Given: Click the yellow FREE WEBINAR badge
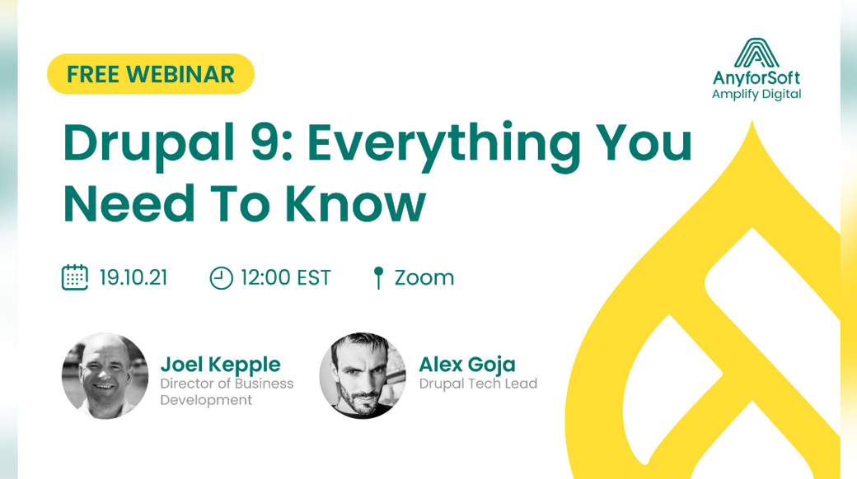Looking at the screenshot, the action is click(151, 74).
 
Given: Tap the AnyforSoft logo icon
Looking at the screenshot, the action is click(756, 53).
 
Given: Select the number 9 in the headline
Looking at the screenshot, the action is click(265, 142).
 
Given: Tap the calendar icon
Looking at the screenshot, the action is click(75, 277).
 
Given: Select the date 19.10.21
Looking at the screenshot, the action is click(133, 277).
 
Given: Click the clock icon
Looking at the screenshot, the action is click(222, 278).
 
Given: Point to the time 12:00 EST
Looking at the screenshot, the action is click(286, 277).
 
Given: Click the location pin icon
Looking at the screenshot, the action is click(378, 277).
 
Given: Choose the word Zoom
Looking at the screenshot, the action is click(424, 278).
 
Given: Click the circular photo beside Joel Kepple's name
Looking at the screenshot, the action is click(105, 376).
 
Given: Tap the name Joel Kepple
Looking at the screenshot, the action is click(220, 365).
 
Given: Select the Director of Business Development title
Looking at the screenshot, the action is click(227, 392).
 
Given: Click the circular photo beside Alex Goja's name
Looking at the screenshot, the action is click(363, 376).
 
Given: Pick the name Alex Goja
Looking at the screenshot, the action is click(467, 365).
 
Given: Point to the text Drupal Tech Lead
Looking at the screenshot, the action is click(478, 384).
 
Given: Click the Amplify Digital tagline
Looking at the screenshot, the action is click(756, 95).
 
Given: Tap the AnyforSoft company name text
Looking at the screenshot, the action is click(756, 78).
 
